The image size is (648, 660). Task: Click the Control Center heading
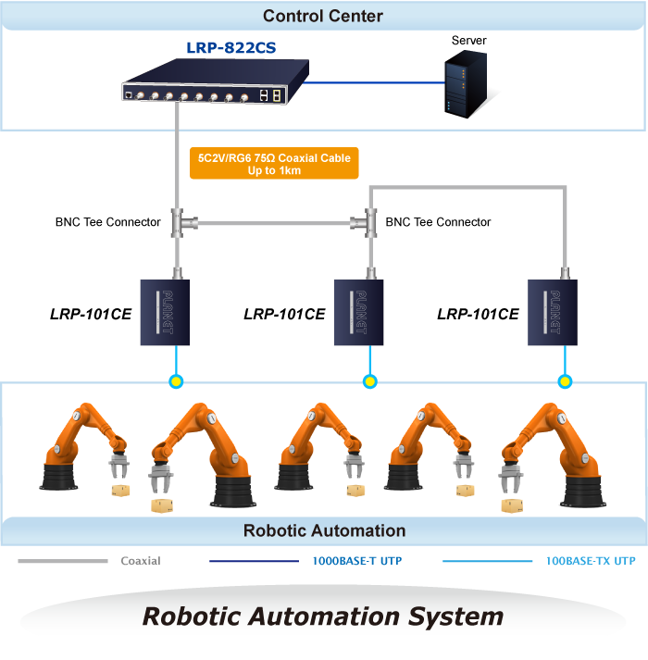(322, 16)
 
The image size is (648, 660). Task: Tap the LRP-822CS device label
(230, 48)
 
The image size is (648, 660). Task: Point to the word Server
(468, 41)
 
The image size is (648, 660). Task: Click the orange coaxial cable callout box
(273, 164)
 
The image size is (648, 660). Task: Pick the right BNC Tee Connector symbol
(369, 221)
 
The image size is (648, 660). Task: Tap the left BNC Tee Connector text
(107, 222)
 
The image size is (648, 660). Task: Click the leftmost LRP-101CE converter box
(165, 312)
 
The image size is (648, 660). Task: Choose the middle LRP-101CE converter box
(359, 312)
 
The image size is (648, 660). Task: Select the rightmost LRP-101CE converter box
(552, 312)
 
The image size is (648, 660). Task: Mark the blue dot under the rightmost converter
(565, 380)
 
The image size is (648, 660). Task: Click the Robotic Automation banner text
(324, 530)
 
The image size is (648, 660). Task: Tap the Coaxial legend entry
(141, 561)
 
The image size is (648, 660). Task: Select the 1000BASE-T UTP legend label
(356, 561)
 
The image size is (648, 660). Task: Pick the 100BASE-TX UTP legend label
(590, 561)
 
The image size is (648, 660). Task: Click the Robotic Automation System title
(323, 616)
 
